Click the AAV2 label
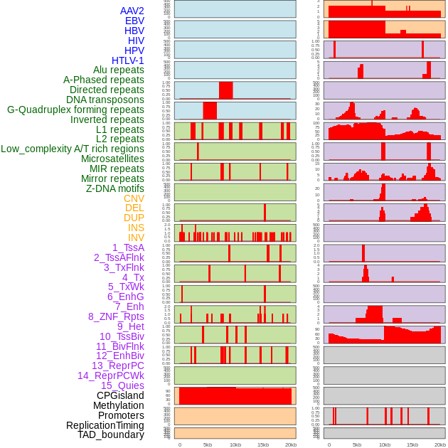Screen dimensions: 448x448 132,11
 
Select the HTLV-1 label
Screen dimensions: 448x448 128,60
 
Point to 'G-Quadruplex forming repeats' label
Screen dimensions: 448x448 75,110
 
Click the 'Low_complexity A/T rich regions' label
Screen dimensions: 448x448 73,149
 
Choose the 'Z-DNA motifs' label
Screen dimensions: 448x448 115,188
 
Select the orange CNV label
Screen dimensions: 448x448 134,198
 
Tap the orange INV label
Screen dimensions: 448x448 136,238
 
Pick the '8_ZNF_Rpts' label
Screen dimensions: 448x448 116,316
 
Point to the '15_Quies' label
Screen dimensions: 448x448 122,385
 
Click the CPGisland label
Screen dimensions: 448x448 120,395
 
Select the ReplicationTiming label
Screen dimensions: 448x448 105,425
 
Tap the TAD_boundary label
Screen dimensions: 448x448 111,434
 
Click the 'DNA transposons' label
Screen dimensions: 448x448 105,100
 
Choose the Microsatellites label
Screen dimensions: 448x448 112,159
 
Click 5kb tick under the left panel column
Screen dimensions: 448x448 208,444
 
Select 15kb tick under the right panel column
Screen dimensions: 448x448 412,444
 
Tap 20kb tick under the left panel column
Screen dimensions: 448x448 290,444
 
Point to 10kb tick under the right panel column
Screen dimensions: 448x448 385,444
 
